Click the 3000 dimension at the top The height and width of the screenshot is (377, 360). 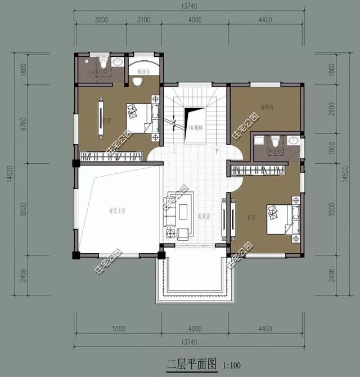pyautogui.click(x=101, y=20)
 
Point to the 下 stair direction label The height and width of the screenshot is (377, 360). pyautogui.click(x=217, y=151)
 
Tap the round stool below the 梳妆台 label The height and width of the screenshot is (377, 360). pyautogui.click(x=137, y=82)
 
